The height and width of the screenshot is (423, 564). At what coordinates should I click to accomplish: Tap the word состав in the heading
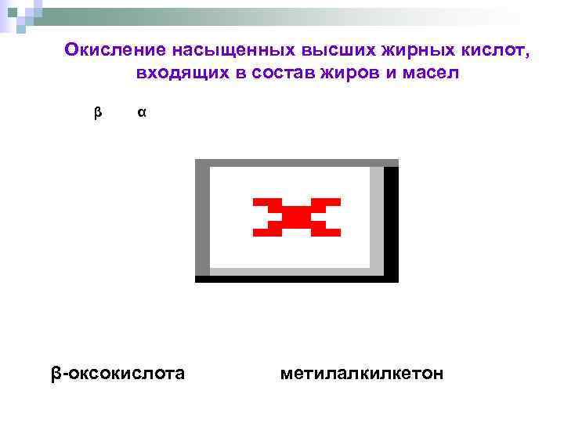click(x=277, y=74)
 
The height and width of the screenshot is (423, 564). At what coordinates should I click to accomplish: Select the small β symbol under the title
click(x=98, y=113)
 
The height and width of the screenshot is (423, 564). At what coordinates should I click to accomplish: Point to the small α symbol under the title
click(x=141, y=113)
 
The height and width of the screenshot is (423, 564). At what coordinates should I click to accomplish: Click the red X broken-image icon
click(x=296, y=217)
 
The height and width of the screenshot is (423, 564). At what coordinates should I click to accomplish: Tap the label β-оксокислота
click(x=118, y=373)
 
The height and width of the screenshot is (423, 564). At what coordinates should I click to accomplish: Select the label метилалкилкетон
click(x=361, y=373)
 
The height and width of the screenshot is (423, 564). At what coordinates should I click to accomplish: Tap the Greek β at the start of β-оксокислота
click(x=56, y=374)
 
